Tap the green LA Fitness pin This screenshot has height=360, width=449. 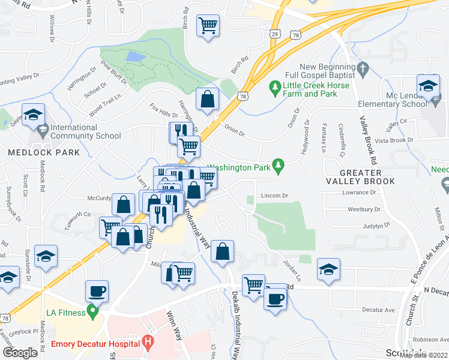click(92, 311)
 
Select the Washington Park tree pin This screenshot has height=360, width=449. click(277, 164)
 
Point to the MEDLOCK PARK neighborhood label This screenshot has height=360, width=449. click(44, 152)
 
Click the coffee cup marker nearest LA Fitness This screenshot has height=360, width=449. click(97, 292)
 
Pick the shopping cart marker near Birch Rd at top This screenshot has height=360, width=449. click(208, 26)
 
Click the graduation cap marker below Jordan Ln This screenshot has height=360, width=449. click(328, 269)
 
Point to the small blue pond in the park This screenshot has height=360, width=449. click(136, 57)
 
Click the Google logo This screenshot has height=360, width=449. click(20, 353)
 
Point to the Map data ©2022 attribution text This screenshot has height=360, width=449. click(424, 355)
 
